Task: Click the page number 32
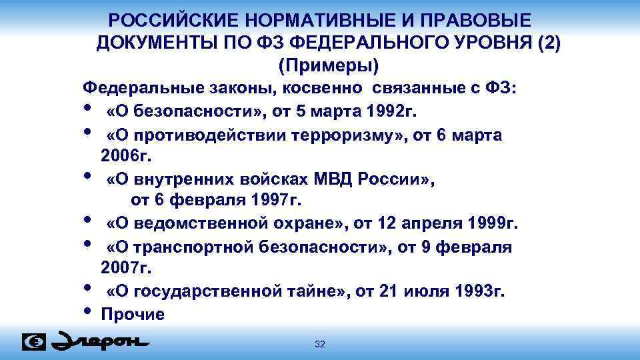tap(319, 344)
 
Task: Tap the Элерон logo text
tap(100, 341)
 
